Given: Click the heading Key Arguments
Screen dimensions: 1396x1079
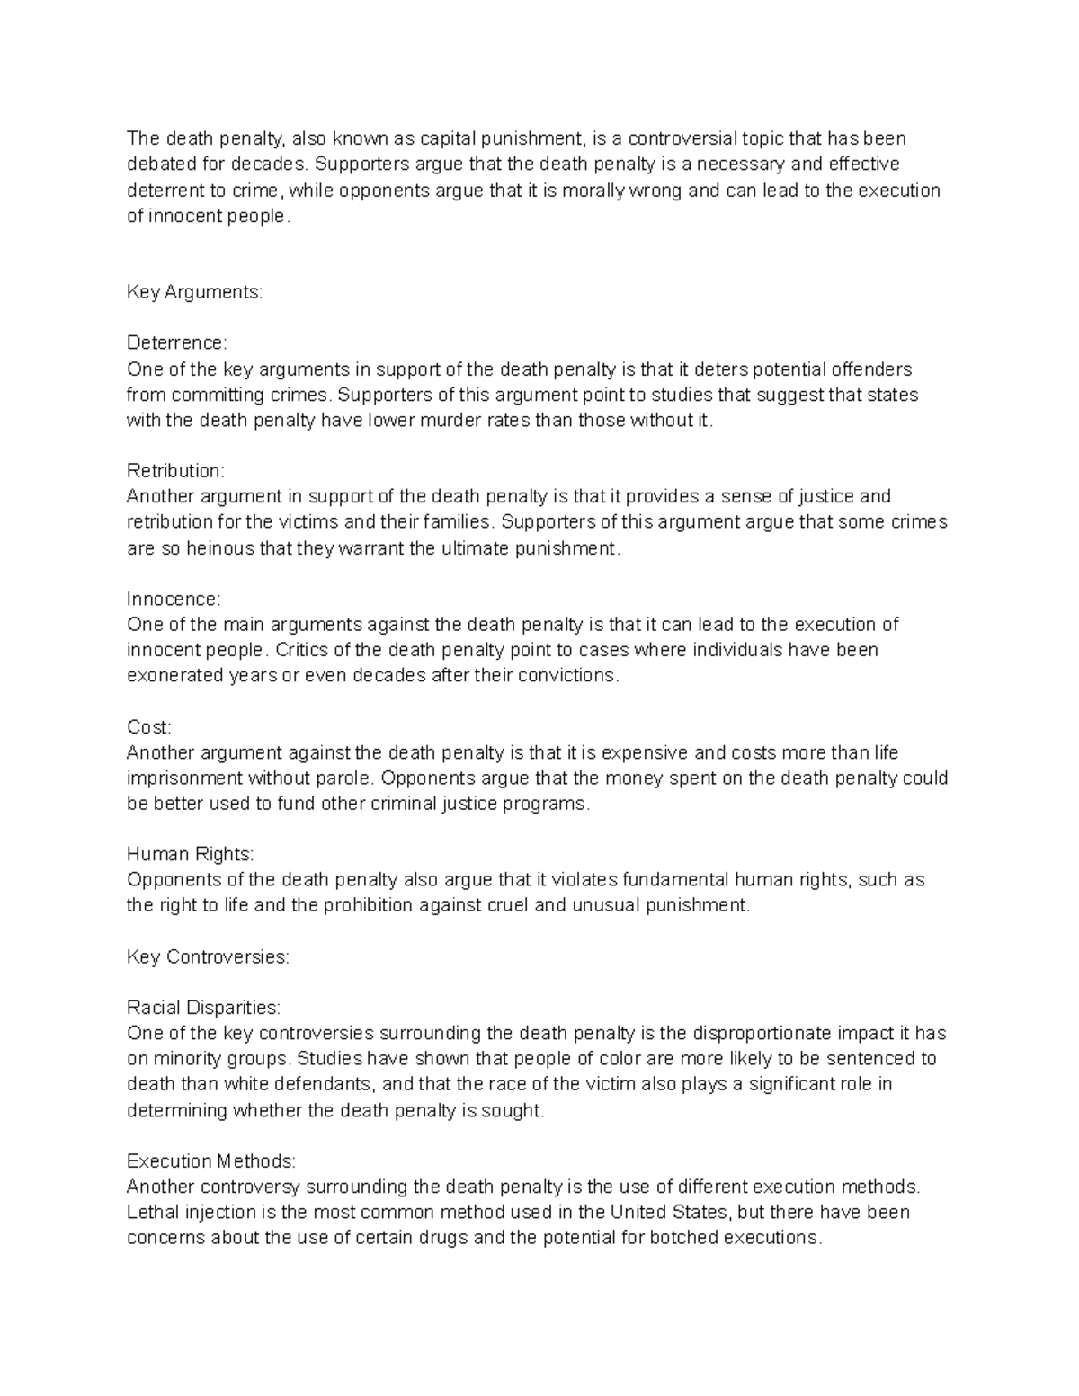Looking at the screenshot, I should (x=194, y=292).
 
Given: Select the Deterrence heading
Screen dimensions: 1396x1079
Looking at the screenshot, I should (x=177, y=343).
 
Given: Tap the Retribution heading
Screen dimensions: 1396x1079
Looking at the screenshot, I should (x=175, y=471).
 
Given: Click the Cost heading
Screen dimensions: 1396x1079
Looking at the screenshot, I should (x=148, y=727).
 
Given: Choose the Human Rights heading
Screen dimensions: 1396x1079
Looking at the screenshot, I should (x=191, y=855).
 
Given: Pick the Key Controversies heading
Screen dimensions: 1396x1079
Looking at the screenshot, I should (x=208, y=957).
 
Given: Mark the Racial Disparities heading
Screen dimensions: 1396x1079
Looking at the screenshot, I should (x=203, y=1008).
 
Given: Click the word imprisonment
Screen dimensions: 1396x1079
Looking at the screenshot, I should (x=184, y=778).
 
